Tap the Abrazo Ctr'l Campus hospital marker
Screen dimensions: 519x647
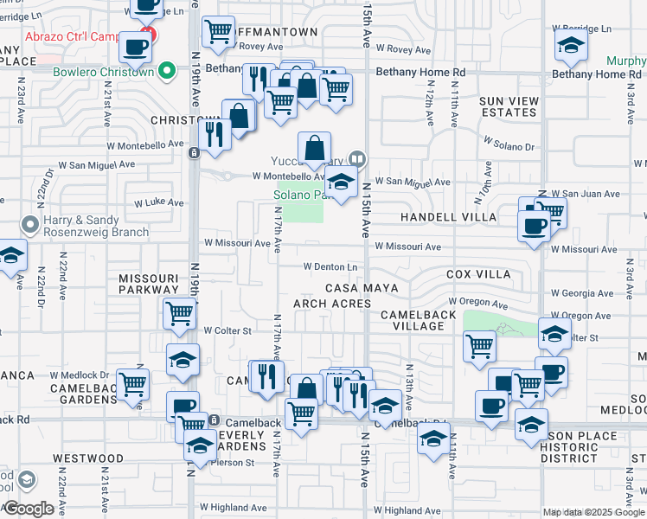coord(149,35)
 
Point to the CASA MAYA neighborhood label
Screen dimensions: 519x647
coord(362,287)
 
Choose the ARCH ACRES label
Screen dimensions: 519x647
coord(332,304)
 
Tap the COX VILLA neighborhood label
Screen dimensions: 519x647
coord(478,274)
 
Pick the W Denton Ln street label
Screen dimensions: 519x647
coord(330,266)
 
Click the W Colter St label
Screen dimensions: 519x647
coord(227,330)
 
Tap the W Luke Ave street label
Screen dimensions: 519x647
coord(158,203)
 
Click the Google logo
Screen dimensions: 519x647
coord(29,509)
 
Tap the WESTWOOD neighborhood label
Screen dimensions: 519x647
coord(88,458)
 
